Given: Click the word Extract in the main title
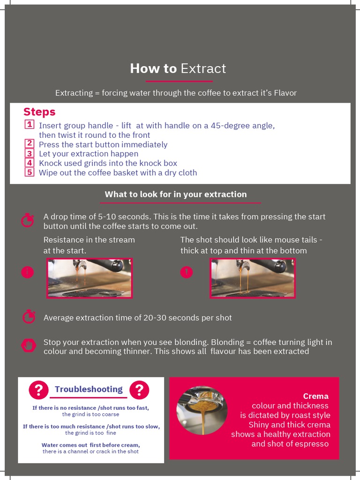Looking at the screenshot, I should click(x=203, y=68).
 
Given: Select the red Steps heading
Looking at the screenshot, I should click(x=39, y=112).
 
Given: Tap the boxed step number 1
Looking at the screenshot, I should click(x=29, y=125).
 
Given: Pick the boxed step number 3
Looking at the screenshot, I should click(x=29, y=153).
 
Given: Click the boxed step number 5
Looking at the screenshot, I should click(x=29, y=172).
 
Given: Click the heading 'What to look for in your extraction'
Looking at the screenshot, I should click(x=175, y=194).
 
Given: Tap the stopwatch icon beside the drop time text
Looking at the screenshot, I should click(x=28, y=220).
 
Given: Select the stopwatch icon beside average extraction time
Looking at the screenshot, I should click(x=29, y=317).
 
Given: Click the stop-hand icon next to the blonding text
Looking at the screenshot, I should click(x=29, y=346).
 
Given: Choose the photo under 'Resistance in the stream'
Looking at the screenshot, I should click(x=89, y=278).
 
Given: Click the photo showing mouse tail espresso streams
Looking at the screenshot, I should click(x=253, y=278).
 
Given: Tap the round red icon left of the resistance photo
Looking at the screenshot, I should click(x=28, y=272).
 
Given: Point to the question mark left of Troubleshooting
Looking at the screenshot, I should click(x=39, y=390).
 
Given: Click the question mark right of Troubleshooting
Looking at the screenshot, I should click(x=139, y=390).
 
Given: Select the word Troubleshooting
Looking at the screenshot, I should click(x=89, y=389).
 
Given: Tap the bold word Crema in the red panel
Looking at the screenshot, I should click(x=315, y=396).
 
